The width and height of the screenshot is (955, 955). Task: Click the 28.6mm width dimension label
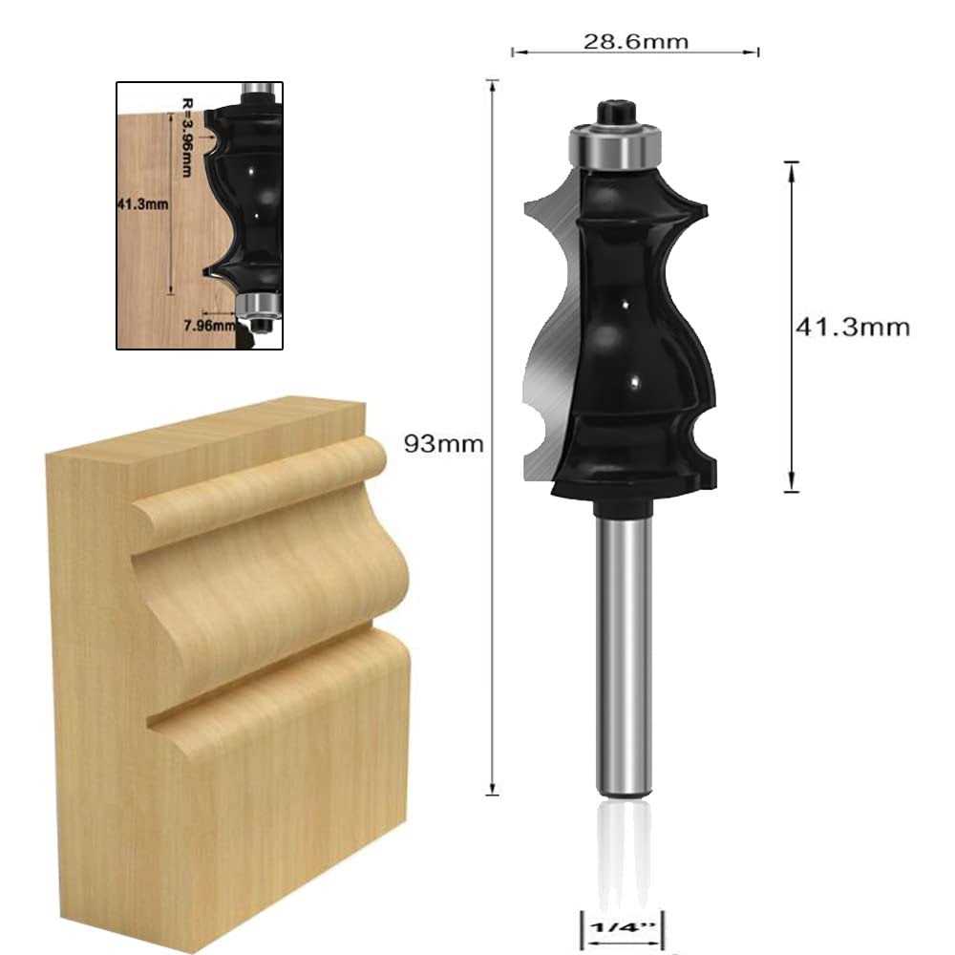[636, 41]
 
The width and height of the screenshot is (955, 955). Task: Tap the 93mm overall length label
[443, 443]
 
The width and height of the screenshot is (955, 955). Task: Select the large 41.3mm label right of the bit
[853, 327]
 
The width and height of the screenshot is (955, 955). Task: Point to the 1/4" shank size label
[622, 927]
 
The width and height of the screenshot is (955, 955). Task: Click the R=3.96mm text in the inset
[187, 138]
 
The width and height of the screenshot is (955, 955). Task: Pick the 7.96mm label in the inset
[209, 326]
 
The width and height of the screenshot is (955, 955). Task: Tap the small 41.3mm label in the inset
[142, 204]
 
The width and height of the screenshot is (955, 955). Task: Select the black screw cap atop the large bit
[616, 114]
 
